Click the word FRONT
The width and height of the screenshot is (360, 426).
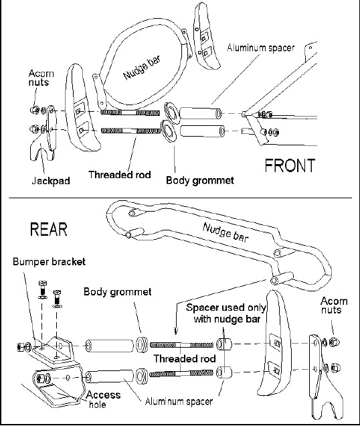[290, 165]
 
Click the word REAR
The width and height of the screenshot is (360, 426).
[49, 229]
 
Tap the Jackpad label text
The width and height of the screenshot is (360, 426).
[51, 181]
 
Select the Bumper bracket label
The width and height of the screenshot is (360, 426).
[49, 262]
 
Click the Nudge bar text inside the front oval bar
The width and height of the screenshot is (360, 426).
[142, 68]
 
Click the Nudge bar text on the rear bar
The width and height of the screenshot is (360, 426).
[226, 232]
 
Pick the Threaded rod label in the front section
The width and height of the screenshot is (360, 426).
[120, 174]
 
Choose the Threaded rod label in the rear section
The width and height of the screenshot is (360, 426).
[185, 358]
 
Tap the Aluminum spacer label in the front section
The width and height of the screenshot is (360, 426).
[261, 48]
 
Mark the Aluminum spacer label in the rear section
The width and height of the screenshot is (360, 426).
[179, 401]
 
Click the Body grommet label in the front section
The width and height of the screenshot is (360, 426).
[200, 180]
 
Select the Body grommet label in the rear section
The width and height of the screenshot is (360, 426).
[118, 291]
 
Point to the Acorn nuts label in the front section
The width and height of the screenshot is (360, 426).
[41, 78]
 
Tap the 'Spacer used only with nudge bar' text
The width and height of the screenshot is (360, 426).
[226, 313]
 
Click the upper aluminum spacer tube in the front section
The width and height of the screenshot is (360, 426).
[200, 113]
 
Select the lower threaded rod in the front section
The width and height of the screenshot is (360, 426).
[131, 131]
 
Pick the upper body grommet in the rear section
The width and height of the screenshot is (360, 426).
[141, 345]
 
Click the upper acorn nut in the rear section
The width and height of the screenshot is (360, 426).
[333, 342]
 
